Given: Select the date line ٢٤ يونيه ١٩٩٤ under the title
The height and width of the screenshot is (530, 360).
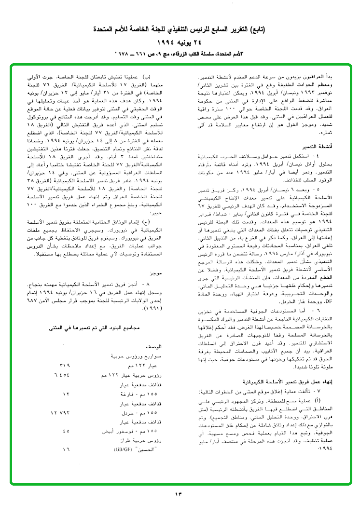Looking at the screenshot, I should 180,42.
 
